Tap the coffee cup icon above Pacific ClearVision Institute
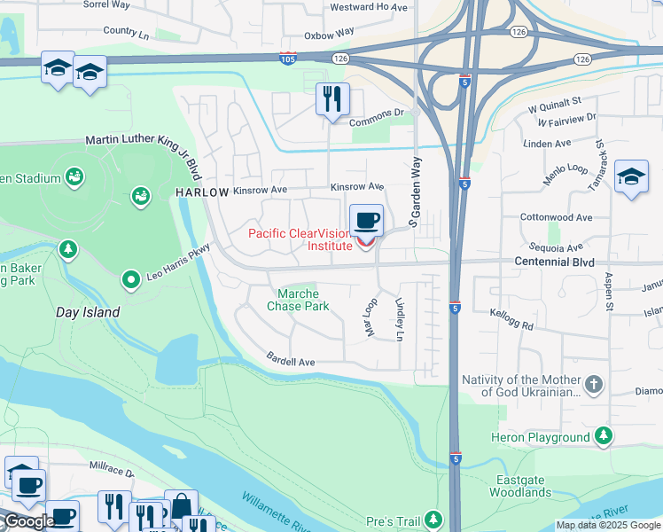(x=366, y=220)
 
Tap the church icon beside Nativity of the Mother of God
(x=594, y=385)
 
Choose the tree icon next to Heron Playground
(x=604, y=436)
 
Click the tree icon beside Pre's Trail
(x=433, y=518)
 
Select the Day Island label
(x=88, y=312)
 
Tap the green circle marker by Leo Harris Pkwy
(x=131, y=280)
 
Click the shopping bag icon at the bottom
(x=181, y=506)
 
